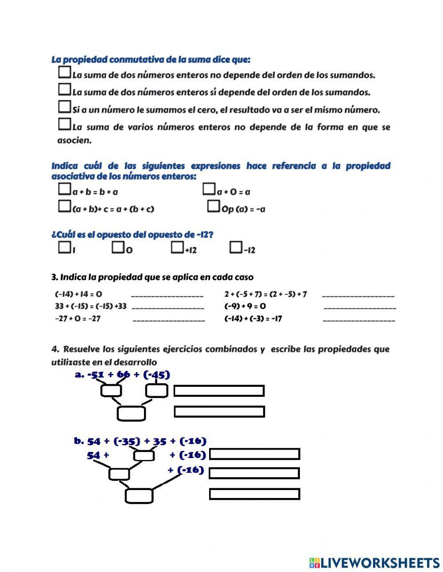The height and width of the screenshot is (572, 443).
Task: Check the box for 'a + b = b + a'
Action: [x=64, y=190]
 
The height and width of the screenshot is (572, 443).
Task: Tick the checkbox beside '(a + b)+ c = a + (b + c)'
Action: [x=64, y=206]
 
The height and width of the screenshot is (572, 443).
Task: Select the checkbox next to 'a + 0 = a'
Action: [x=209, y=190]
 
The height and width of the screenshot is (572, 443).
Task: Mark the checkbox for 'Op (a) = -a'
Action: [x=214, y=206]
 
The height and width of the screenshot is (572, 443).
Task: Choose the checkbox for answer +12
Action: [x=177, y=248]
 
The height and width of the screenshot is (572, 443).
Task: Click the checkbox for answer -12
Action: [x=236, y=248]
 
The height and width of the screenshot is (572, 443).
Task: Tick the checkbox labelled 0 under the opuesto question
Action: [x=118, y=248]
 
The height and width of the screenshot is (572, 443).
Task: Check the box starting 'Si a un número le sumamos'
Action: [x=64, y=107]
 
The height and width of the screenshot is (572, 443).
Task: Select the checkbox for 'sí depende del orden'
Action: [x=64, y=89]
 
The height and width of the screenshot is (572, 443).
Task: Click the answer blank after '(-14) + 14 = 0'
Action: [x=167, y=294]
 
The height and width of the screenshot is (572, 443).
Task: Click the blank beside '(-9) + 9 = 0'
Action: [x=360, y=307]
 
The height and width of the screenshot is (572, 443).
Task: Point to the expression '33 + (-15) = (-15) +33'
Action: [x=90, y=306]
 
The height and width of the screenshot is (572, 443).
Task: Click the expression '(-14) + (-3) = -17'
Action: [x=253, y=319]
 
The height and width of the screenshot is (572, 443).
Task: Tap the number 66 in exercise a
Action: [x=123, y=375]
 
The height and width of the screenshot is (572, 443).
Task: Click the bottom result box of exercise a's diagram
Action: [x=131, y=413]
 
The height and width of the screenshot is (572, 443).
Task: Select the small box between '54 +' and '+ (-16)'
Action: [x=144, y=455]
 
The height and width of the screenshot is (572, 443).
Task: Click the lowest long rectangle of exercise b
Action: [x=254, y=494]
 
